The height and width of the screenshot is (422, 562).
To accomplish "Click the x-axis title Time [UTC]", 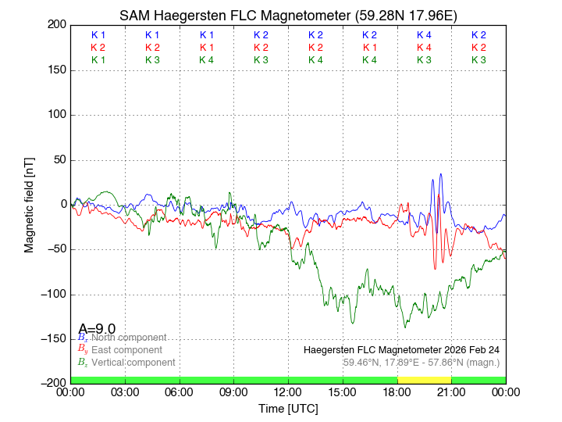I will coord(288,409).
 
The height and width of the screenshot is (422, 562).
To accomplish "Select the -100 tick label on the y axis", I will coord(51,295).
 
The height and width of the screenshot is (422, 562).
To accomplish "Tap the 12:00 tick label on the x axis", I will coord(288,392).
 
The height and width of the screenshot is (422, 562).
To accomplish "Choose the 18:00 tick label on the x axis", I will coord(397,392).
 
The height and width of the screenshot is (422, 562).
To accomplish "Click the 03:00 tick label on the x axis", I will coord(125,392).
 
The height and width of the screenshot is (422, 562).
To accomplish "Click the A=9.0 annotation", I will coord(97,328).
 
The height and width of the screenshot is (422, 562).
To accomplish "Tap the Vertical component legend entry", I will coord(133,363).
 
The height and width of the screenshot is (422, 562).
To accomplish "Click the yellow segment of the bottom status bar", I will coord(424,380).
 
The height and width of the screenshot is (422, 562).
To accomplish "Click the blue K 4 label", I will coord(424,35).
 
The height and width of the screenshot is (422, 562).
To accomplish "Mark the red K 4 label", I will coord(424,48).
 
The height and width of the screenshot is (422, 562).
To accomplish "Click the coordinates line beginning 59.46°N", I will coord(421,362).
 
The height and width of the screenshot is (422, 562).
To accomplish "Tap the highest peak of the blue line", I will coord(441,174).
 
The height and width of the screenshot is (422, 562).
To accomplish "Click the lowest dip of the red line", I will coord(436,269).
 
